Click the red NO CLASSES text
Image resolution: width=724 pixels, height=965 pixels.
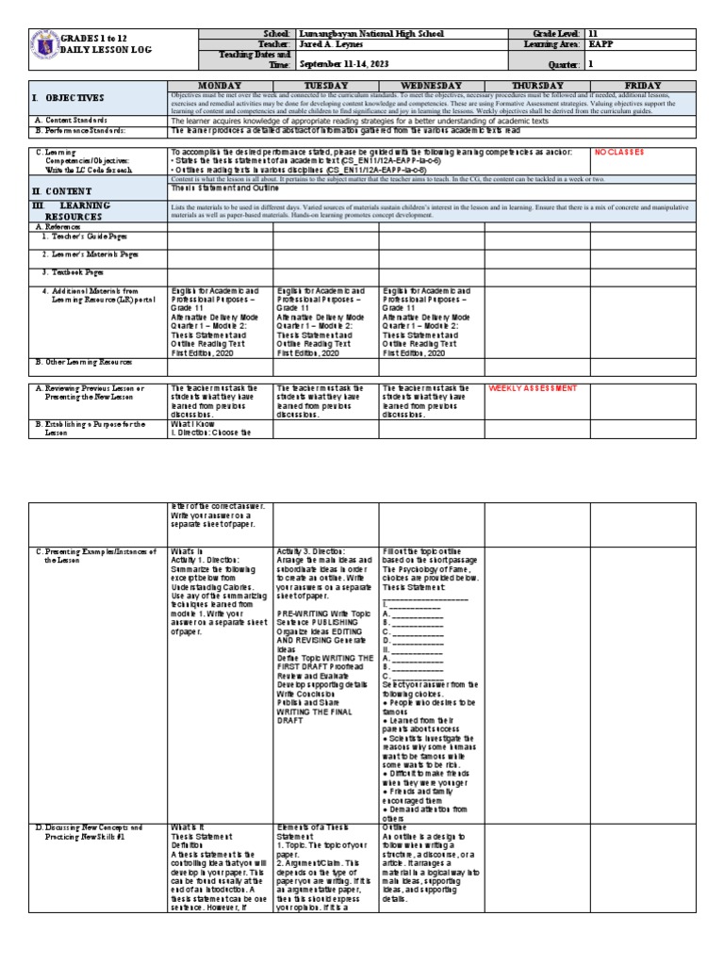coord(617,151)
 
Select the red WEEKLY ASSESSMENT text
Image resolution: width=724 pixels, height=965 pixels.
coord(532,388)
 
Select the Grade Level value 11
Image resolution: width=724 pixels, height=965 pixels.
coord(593,33)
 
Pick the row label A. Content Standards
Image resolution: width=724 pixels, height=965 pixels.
coord(75,121)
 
